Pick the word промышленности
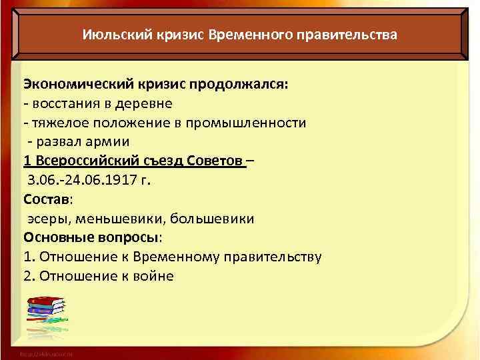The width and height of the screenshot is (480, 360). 254,123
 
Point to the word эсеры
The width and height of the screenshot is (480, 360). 47,219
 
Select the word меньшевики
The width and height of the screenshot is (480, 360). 116,219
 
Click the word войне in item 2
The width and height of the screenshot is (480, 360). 153,276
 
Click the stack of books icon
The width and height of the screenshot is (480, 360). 46,314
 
